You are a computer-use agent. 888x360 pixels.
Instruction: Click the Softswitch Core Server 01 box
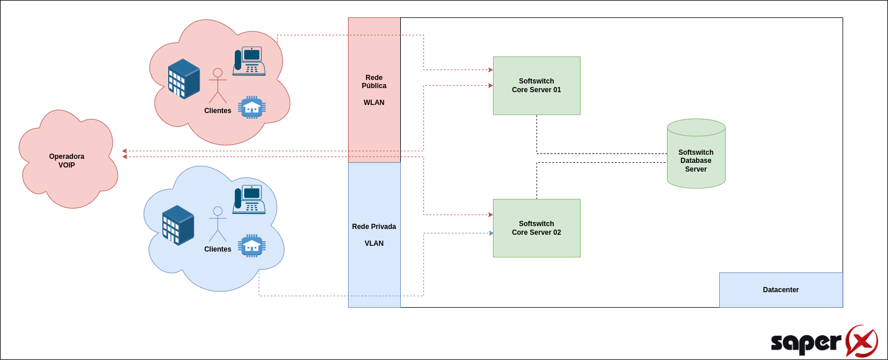pos(537,86)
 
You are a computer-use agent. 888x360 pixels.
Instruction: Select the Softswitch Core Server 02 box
pos(537,228)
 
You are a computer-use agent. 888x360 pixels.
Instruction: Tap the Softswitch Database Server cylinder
pos(696,154)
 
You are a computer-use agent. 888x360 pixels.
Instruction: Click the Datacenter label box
pos(781,290)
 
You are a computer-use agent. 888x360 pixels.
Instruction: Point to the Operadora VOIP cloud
pos(67,159)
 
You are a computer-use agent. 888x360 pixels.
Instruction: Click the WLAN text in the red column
pos(374,103)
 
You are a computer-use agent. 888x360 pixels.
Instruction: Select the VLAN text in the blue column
pos(374,243)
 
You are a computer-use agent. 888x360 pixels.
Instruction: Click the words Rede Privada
pos(374,227)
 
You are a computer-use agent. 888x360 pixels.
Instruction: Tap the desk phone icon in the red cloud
pos(249,61)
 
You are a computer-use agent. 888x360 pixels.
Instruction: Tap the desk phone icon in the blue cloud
pos(249,199)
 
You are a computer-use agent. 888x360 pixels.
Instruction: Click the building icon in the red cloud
pos(184,79)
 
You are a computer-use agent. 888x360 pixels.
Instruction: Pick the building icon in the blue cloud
pos(178,226)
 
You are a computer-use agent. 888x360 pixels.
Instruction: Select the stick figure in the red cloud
pos(218,86)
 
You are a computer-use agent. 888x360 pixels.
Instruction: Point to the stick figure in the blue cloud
pos(218,224)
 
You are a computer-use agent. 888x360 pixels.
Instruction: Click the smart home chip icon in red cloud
pos(252,107)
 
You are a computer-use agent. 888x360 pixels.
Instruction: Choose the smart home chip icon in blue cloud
pos(252,246)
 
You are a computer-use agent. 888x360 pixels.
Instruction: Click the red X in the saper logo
pos(861,341)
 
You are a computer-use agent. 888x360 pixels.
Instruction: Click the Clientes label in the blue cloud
pos(218,249)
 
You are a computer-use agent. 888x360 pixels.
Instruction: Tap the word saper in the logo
pos(806,343)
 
